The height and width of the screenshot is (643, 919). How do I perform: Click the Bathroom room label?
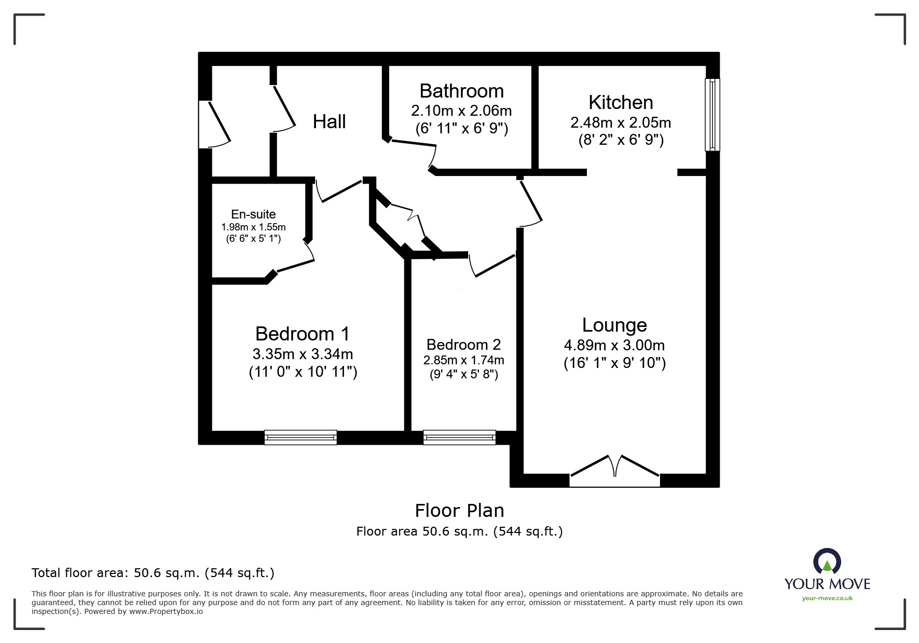pos(461,91)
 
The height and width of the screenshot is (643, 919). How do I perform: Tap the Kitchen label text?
pos(621,103)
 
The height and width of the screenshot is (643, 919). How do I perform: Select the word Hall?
pos(329,122)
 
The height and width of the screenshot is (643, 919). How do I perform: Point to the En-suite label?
pos(253,214)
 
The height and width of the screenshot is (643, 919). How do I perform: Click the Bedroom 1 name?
pos(303,334)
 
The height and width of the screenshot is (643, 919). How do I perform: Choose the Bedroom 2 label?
pos(463,345)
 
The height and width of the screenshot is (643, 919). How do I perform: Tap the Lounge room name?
pos(614,325)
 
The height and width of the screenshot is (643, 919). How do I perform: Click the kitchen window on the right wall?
pos(712,115)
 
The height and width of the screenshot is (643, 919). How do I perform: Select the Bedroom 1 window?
pos(300,437)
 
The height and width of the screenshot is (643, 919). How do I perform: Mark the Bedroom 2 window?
pos(459,437)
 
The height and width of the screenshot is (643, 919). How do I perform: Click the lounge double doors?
pos(615,471)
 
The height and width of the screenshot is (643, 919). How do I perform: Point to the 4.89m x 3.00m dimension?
pos(614,345)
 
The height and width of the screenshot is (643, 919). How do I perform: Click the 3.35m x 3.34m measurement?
pos(303,354)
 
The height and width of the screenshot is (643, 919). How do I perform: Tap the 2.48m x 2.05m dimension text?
pos(621,122)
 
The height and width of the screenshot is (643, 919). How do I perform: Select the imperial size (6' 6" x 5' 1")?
pos(253,239)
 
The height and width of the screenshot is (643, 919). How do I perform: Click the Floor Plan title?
pos(459,511)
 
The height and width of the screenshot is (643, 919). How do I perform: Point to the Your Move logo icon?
pos(827,562)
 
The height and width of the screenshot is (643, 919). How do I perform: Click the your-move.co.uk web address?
pos(827,598)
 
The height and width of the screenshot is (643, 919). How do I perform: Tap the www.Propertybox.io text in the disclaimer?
pos(166,611)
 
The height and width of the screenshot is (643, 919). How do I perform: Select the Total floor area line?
pos(153,573)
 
